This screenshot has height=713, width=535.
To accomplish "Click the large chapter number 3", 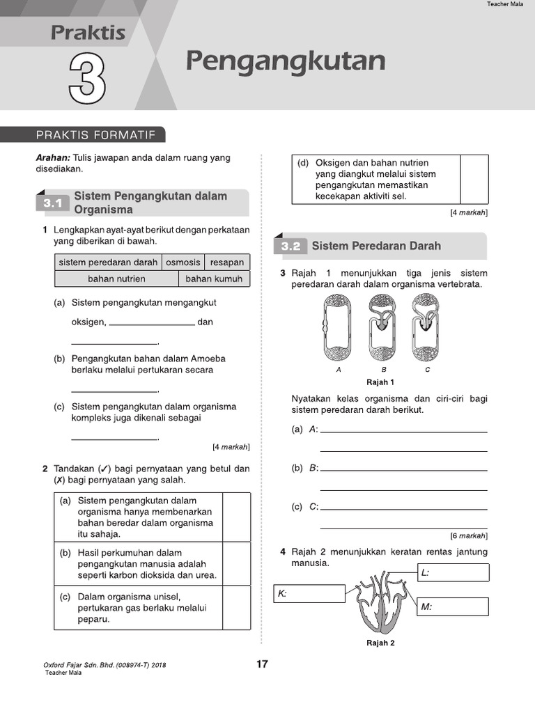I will pyautogui.click(x=88, y=79).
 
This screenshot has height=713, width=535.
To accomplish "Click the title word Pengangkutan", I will pyautogui.click(x=286, y=61).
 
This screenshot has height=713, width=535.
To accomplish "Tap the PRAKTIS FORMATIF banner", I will pyautogui.click(x=95, y=135).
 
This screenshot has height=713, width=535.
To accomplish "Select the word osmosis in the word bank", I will pyautogui.click(x=183, y=263).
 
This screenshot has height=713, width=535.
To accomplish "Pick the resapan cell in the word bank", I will pyautogui.click(x=227, y=263).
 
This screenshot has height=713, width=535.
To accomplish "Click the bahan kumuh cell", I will pyautogui.click(x=214, y=279).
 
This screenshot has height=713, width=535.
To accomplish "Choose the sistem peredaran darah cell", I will pyautogui.click(x=108, y=263).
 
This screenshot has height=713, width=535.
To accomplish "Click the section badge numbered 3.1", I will pyautogui.click(x=53, y=203).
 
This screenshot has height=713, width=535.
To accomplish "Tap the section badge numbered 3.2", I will pyautogui.click(x=290, y=246).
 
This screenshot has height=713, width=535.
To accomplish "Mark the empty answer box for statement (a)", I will pyautogui.click(x=236, y=517).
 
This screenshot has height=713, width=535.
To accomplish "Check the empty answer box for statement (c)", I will pyautogui.click(x=236, y=607).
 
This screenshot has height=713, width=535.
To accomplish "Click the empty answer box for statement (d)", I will pyautogui.click(x=474, y=179).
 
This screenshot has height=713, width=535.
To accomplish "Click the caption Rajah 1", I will pyautogui.click(x=380, y=382).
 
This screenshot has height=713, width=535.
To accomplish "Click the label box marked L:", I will pyautogui.click(x=453, y=572).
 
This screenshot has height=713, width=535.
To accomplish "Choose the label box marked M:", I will pyautogui.click(x=453, y=606).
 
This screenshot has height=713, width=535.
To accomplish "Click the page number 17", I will pyautogui.click(x=262, y=664).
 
